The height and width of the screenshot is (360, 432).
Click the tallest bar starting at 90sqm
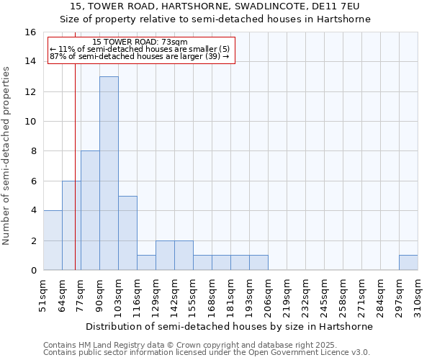click(x=109, y=173)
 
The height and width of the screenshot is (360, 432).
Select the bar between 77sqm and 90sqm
click(x=90, y=210)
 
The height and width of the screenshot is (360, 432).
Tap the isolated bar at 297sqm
click(x=408, y=263)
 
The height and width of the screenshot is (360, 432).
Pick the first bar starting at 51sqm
click(x=53, y=240)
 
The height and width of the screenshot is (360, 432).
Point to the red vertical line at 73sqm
click(x=75, y=144)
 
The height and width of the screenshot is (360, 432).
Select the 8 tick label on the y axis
click(x=33, y=151)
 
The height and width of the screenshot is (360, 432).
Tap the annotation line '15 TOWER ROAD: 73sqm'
click(x=140, y=42)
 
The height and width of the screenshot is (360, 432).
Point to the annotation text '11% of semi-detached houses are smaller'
click(x=141, y=49)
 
